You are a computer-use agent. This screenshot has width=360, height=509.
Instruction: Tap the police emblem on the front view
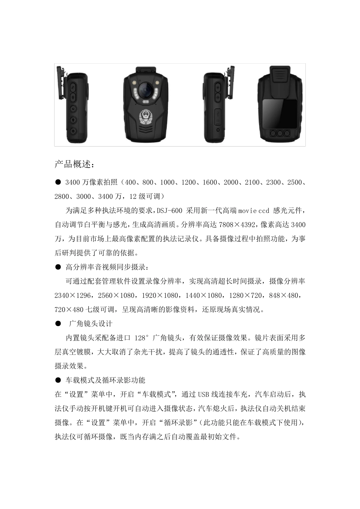[145, 116]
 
